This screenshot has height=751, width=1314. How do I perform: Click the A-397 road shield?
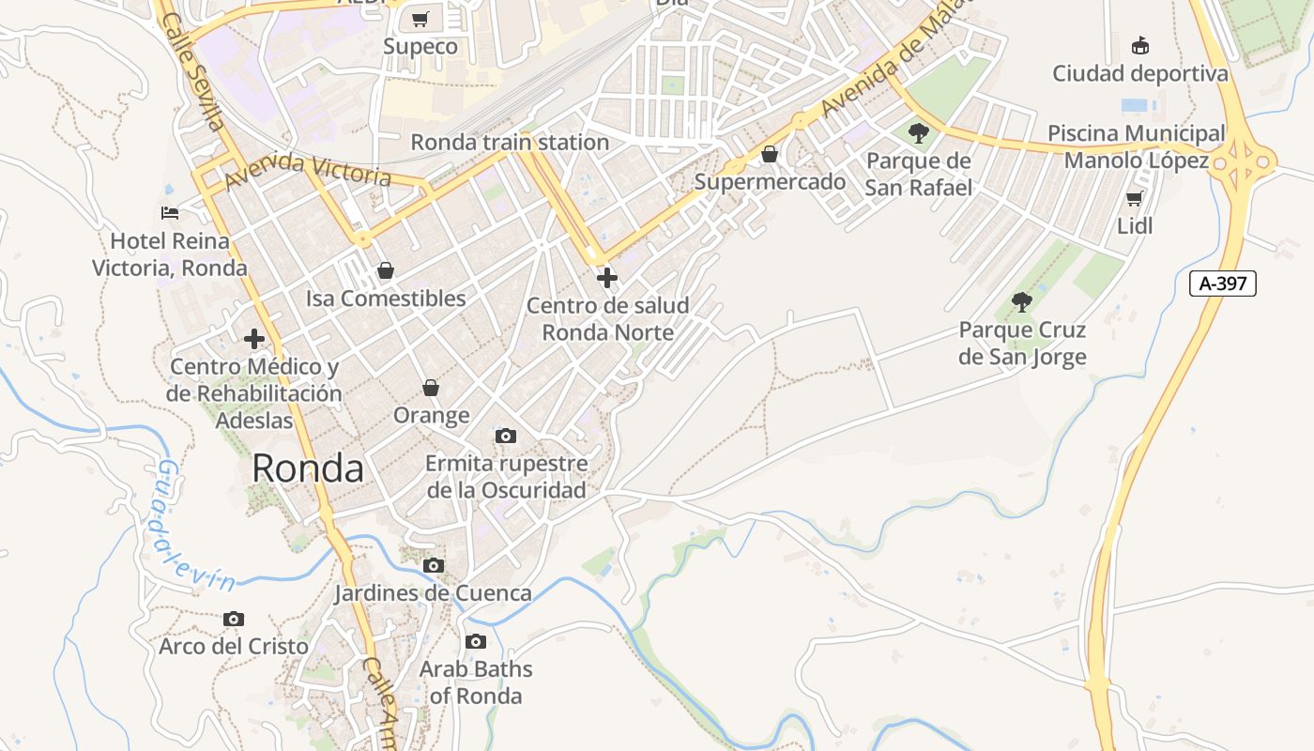[1222, 284]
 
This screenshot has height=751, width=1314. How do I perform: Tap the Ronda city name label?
[308, 467]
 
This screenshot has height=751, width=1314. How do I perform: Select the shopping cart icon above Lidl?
[1134, 198]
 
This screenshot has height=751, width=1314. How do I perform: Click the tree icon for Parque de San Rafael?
[919, 133]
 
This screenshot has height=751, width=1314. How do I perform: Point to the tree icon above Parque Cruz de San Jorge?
[1022, 302]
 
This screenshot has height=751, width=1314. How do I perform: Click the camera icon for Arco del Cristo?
[234, 619]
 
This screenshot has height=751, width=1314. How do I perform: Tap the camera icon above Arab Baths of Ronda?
[476, 642]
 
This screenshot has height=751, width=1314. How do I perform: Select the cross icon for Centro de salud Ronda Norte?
[607, 278]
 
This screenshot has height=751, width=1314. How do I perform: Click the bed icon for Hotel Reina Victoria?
[170, 213]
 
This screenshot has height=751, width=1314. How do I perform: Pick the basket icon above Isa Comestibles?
[385, 271]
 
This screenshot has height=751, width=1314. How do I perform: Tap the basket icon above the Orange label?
[431, 388]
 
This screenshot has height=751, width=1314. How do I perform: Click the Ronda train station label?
[510, 143]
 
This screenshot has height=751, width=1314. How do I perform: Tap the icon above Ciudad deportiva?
[1140, 45]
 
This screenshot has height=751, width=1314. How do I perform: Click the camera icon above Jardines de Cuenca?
[434, 565]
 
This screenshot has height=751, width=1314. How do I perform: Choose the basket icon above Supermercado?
[770, 154]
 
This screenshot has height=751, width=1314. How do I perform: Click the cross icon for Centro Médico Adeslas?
[254, 339]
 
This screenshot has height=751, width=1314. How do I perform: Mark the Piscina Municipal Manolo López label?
[1136, 147]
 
